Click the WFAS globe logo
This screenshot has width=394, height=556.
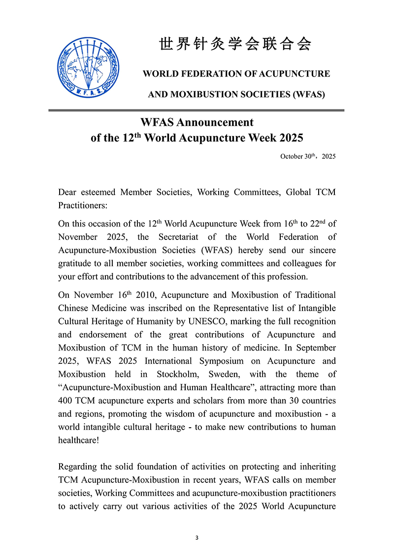click(88, 68)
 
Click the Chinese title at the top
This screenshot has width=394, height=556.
click(236, 44)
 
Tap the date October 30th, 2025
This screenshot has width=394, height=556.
click(308, 156)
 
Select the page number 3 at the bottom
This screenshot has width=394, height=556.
click(197, 538)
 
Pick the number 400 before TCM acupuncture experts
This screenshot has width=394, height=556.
click(66, 400)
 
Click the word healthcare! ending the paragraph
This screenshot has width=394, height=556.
click(79, 440)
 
